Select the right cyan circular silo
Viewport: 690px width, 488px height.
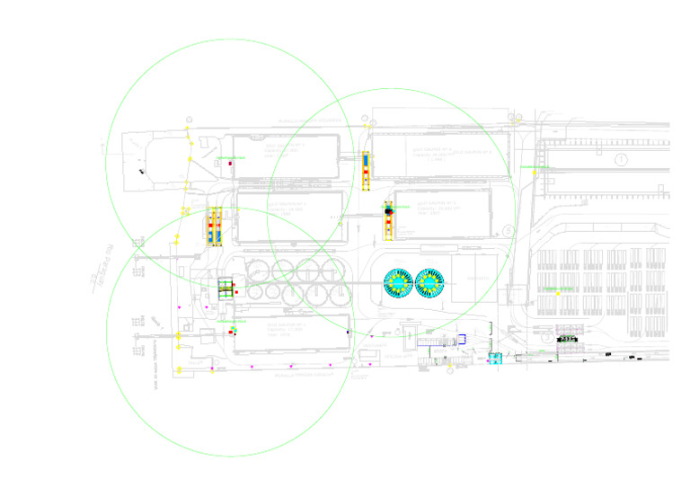(x=430, y=283)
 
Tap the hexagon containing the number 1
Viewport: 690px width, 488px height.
(x=620, y=159)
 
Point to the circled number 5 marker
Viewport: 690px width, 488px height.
(x=508, y=231)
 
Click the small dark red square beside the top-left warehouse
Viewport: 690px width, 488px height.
(x=231, y=164)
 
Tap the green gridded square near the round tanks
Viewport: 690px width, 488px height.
(x=226, y=288)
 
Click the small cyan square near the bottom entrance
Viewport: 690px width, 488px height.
(x=493, y=358)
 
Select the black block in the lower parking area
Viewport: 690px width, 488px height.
(x=568, y=340)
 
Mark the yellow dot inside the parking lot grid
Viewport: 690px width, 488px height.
(x=557, y=294)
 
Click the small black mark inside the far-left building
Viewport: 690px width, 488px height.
(x=141, y=170)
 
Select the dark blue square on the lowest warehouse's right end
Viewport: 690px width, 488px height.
(x=348, y=332)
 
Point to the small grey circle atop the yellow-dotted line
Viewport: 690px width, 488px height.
(x=188, y=118)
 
